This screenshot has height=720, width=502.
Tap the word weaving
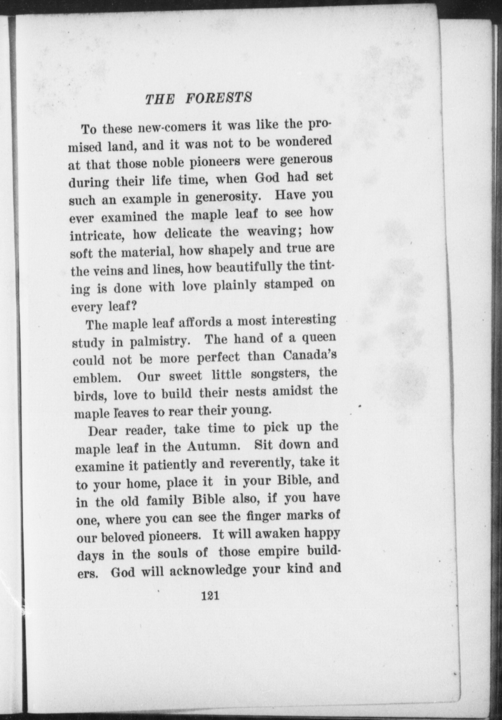click(275, 231)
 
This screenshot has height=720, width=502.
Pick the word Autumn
click(214, 446)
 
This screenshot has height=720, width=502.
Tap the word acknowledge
click(208, 570)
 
